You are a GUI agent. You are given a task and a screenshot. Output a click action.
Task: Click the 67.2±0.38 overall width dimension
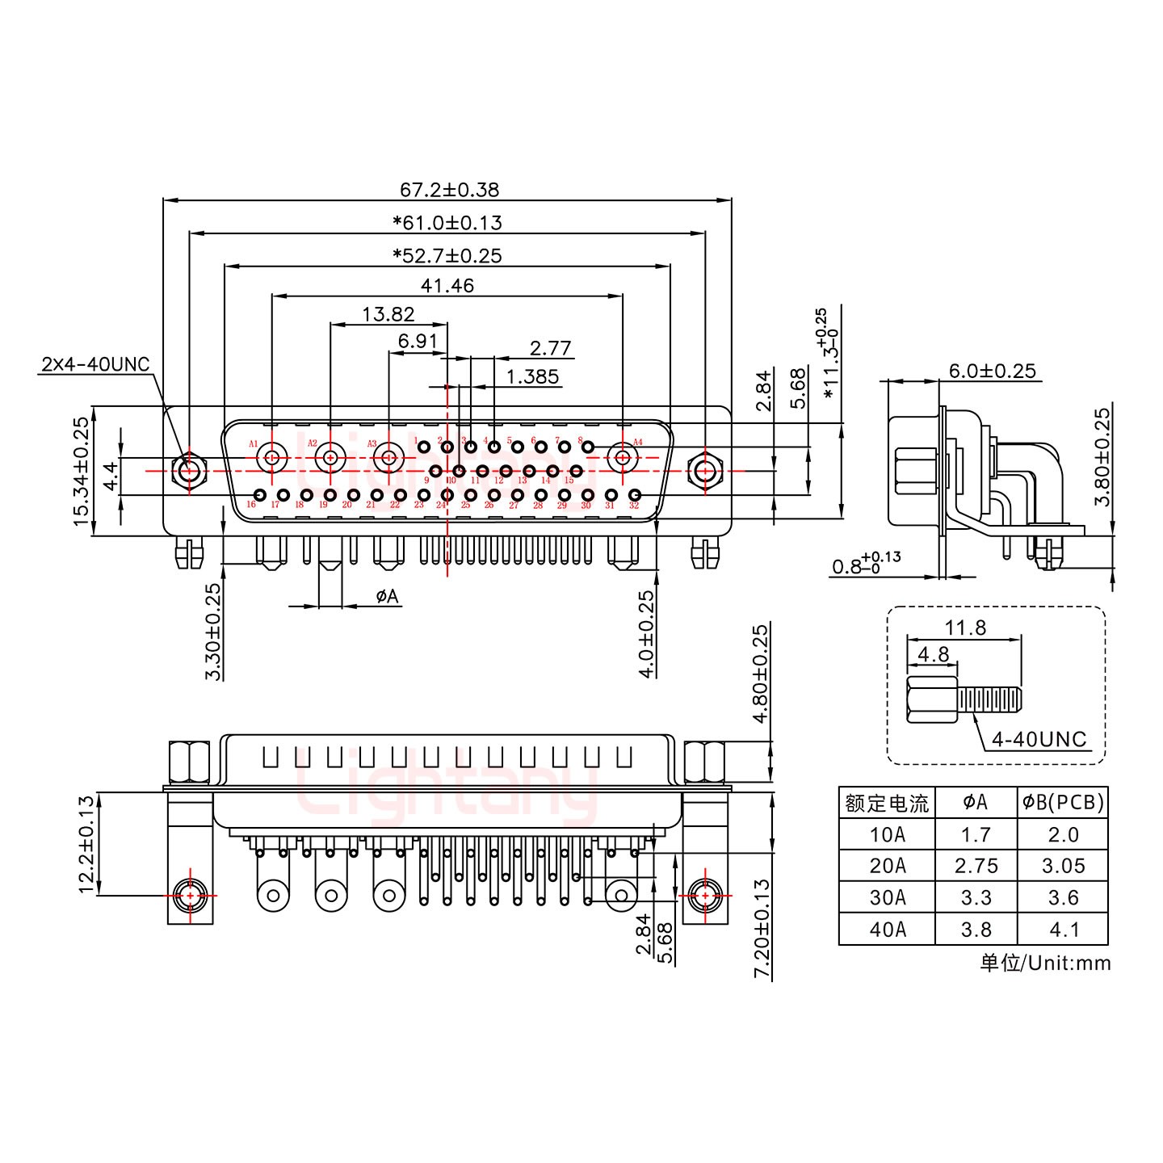(449, 190)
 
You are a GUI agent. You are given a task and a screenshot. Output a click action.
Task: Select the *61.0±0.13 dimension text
(447, 222)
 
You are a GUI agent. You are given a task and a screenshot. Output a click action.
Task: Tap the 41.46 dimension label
(447, 285)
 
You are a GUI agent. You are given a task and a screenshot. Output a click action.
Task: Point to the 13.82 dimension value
(388, 314)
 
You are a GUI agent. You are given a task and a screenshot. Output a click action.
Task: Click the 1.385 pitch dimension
(532, 376)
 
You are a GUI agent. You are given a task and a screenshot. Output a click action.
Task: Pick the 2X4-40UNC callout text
(95, 364)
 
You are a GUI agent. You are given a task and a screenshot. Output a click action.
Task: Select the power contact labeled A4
(623, 458)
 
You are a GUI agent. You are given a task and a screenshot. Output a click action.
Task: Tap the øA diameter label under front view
(387, 596)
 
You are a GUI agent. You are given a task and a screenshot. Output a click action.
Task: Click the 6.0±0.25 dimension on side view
(992, 371)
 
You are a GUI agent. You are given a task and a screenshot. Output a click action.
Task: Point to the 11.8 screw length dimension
(965, 627)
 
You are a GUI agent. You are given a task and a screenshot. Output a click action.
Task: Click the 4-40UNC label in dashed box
(1039, 739)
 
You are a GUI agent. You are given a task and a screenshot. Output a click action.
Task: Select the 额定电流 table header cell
(887, 803)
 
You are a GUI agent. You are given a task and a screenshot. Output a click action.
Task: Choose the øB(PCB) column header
(1062, 802)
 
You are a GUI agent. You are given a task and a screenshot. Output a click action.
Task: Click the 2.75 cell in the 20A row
(976, 866)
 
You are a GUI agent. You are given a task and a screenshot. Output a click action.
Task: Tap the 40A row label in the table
(887, 930)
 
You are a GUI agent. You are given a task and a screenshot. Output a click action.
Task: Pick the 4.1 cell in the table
(1063, 930)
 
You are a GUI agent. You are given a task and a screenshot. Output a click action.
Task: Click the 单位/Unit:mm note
(1045, 963)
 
